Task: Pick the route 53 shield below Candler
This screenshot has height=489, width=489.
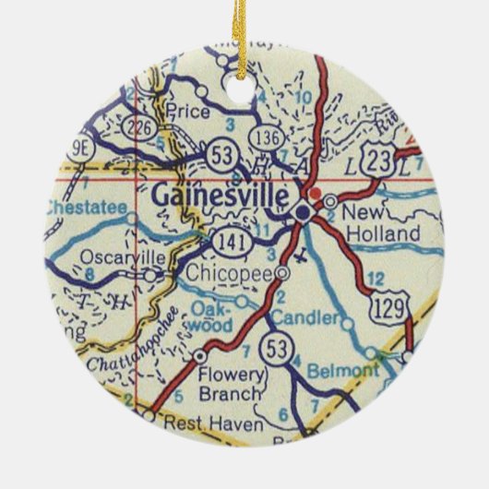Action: click(x=273, y=350)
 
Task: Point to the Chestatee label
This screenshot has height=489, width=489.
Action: click(x=84, y=209)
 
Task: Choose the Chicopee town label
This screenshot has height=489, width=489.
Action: click(x=230, y=274)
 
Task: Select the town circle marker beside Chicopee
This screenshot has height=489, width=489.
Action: click(x=282, y=273)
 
